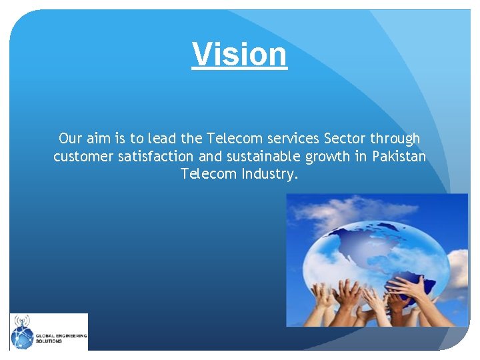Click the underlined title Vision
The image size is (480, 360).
pos(239,54)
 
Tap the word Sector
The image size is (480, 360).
pos(345,139)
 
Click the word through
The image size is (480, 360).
pos(396,139)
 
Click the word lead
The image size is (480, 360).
pos(161,139)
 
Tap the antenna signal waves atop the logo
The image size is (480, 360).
pos(22,321)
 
